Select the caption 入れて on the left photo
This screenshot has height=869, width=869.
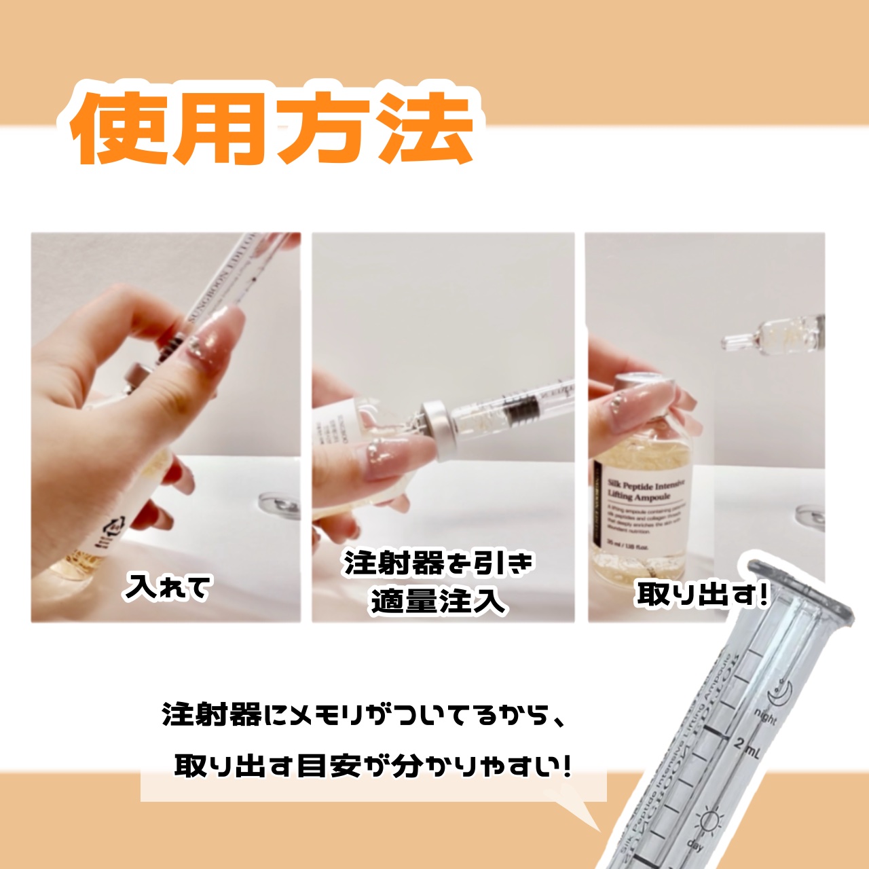168,587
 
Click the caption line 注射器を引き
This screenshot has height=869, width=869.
439,563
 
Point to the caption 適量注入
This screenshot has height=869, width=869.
439,601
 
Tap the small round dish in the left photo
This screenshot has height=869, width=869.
280,505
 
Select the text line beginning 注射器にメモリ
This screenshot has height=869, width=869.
363,715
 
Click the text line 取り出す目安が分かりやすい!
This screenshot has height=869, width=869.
372,766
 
